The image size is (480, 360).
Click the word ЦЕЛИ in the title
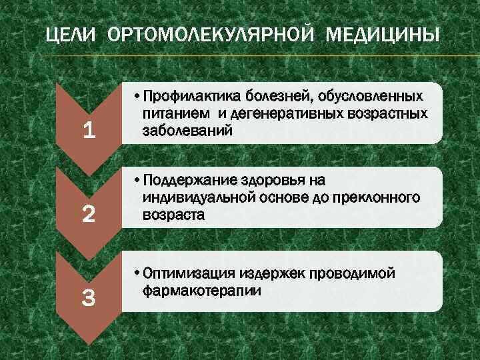click(x=68, y=35)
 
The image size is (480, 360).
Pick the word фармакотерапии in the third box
click(x=201, y=291)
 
